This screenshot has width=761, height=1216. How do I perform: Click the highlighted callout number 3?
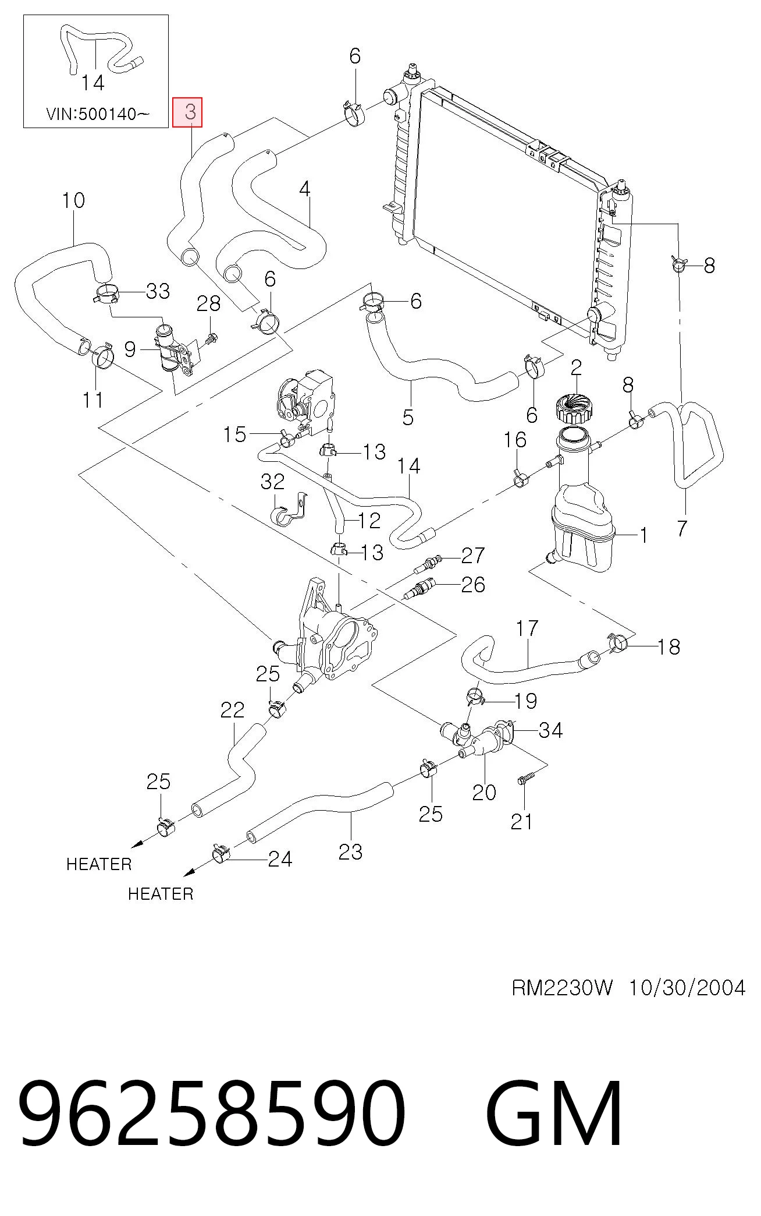pos(191,112)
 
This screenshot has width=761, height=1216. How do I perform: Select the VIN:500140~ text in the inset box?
pos(98,114)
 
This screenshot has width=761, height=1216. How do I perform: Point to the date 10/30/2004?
pos(687,988)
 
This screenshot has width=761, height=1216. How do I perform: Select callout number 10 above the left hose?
pos(73,201)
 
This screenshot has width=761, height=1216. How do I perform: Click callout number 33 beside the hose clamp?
pos(158,291)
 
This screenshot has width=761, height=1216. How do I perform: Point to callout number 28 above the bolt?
pos(209,303)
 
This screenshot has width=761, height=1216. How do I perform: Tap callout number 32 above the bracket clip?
pos(272,482)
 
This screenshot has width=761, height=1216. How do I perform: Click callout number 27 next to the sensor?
pos(472,556)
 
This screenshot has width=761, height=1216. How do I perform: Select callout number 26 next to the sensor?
pos(472,585)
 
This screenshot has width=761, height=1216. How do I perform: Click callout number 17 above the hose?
pos(527,628)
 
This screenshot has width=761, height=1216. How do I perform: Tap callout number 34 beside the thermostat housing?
pos(551,730)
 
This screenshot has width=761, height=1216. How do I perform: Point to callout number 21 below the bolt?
pos(522,822)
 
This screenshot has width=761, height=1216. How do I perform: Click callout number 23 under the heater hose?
pos(350,852)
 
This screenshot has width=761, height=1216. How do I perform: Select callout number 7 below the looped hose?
pos(682,528)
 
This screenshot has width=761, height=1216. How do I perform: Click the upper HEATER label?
pos(99,864)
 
